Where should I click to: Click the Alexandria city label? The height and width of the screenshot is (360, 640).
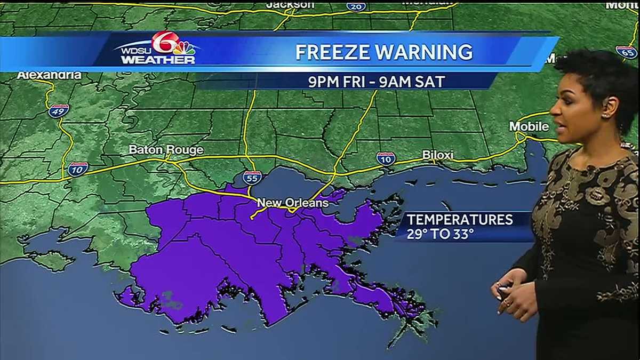point(49,75)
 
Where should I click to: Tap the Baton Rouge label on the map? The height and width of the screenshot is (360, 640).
point(166,150)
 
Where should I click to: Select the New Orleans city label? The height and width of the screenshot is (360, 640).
point(292,203)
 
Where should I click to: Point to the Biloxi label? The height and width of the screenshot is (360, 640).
point(437,155)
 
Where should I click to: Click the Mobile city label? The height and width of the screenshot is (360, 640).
point(529,126)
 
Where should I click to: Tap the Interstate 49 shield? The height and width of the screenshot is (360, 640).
point(58,111)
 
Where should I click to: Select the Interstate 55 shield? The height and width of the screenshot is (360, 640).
point(252,178)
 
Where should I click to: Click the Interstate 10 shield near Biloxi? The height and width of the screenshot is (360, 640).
point(386,158)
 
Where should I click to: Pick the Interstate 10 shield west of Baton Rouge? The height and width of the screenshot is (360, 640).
point(78,169)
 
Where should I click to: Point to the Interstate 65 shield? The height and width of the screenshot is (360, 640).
point(626,52)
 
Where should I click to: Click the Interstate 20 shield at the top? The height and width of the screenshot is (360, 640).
point(356,6)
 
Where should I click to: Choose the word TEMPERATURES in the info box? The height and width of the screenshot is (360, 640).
point(460,219)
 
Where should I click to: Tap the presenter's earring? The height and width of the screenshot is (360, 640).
point(606,115)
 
